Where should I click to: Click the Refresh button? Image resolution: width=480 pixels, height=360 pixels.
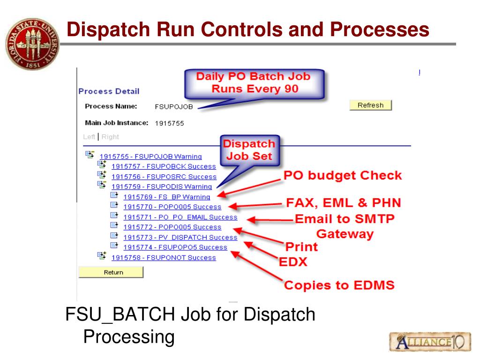(370, 105)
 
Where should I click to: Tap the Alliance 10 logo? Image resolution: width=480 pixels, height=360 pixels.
(429, 341)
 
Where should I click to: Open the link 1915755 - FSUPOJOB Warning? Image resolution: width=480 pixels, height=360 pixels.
(150, 157)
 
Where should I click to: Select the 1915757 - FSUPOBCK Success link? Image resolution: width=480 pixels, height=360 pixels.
(164, 166)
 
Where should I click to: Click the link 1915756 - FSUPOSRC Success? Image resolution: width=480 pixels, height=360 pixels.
(164, 177)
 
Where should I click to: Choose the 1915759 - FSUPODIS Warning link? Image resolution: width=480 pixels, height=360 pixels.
(162, 187)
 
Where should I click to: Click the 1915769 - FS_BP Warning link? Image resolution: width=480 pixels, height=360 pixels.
(166, 197)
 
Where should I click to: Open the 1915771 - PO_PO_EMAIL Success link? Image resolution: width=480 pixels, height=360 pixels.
(180, 217)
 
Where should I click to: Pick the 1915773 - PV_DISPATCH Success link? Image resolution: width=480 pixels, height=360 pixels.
(180, 237)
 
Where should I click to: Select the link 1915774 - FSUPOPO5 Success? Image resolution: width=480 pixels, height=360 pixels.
(175, 247)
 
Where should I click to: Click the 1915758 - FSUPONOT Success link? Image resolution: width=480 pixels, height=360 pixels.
(164, 257)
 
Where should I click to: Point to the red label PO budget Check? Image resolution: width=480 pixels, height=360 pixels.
(343, 176)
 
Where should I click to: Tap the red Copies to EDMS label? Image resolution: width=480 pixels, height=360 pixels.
(339, 285)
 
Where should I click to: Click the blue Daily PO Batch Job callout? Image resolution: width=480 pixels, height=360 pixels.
(253, 82)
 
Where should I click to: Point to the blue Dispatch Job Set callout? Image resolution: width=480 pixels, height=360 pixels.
(249, 150)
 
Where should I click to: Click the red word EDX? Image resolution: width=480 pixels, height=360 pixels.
(293, 262)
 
